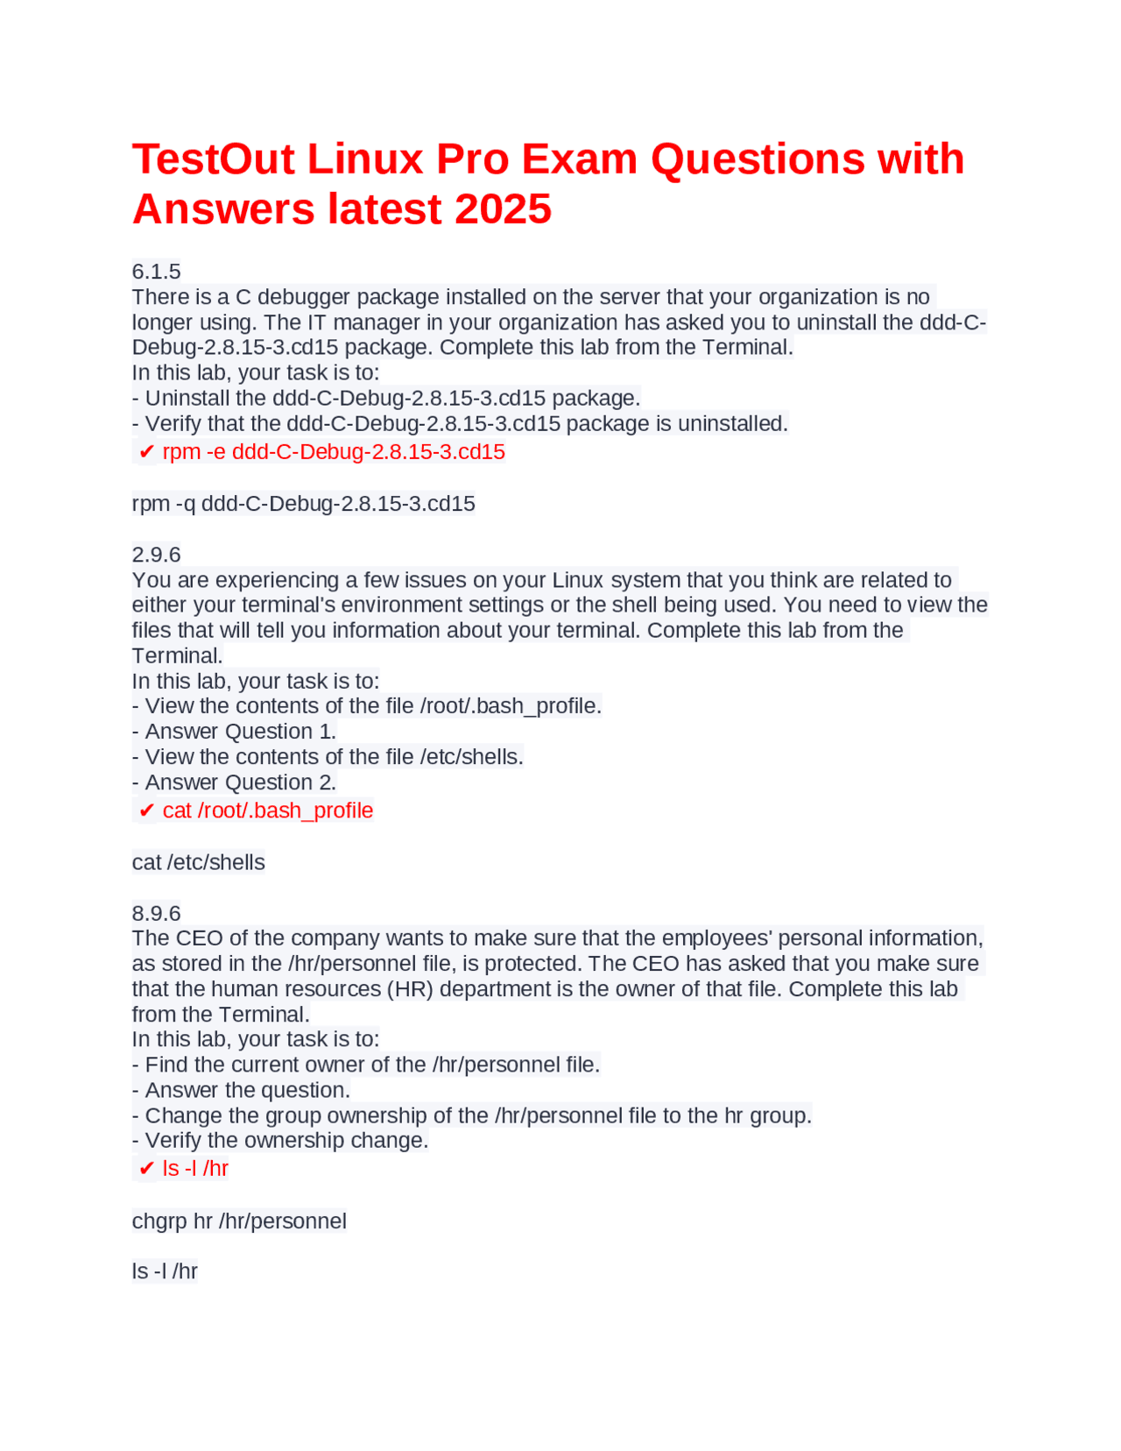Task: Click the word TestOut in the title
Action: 213,159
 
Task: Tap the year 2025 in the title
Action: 503,209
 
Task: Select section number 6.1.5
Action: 156,272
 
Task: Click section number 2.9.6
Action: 156,555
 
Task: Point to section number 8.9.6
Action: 156,913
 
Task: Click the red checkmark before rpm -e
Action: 146,452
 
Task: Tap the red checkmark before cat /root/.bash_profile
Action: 146,810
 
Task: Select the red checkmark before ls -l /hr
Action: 146,1169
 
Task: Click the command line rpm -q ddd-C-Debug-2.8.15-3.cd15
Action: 303,504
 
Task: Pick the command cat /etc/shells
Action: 198,862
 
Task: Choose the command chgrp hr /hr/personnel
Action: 239,1221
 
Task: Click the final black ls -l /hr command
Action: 165,1271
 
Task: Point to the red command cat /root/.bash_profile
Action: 268,810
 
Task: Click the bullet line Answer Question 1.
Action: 234,732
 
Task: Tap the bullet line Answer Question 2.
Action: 234,782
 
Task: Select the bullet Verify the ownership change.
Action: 280,1141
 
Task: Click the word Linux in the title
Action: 364,159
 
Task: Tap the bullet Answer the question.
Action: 241,1090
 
